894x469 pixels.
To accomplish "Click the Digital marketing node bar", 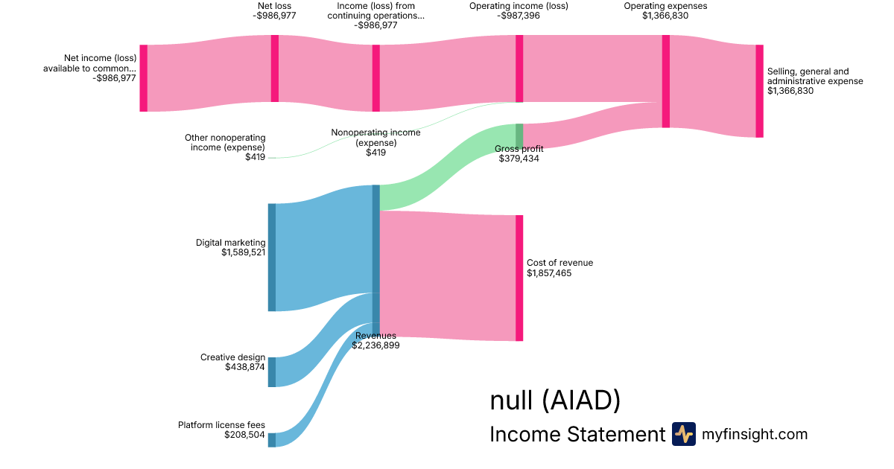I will [x=272, y=257].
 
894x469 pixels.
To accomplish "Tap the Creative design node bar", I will [x=272, y=372].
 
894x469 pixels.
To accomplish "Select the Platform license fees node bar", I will [x=272, y=440].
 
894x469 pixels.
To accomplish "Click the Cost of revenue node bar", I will [x=519, y=278].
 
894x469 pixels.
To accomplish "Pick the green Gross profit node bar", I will [x=519, y=136].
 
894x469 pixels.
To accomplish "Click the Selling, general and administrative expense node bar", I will [x=759, y=91].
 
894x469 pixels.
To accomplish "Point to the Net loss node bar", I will [x=275, y=68].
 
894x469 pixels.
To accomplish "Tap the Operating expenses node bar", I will [x=666, y=81].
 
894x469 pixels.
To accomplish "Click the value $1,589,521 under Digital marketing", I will [x=243, y=252].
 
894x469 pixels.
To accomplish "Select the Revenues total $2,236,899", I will [x=375, y=345].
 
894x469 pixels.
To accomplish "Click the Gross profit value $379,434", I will [x=519, y=159].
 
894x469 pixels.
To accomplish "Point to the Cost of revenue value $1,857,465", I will [x=549, y=273].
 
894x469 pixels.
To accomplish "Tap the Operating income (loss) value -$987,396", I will [x=519, y=16].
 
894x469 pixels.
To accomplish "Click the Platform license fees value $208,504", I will [x=244, y=435].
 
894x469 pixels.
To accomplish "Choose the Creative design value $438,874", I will [x=244, y=367].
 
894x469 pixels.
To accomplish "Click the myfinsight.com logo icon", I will [x=683, y=434].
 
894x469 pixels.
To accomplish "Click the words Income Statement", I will [x=577, y=434].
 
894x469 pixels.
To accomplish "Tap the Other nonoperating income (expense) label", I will [x=225, y=142].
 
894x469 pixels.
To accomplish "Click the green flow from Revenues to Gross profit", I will [x=447, y=167].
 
